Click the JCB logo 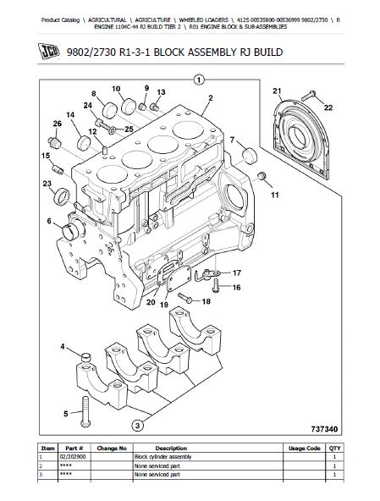[x=49, y=52]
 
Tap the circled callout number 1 [x=199, y=80]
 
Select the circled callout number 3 [x=137, y=426]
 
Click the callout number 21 [x=277, y=91]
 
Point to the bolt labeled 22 [x=309, y=96]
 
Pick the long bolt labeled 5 [x=85, y=411]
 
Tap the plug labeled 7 [x=250, y=156]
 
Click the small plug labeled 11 [x=262, y=175]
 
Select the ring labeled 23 [x=62, y=197]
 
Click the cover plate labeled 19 [x=179, y=278]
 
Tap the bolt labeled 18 [x=185, y=298]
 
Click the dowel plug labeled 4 [x=86, y=356]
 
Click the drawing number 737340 [x=324, y=429]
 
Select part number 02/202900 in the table [x=73, y=457]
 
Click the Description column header [x=171, y=448]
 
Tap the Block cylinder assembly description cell [x=162, y=457]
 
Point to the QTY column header [x=334, y=448]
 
